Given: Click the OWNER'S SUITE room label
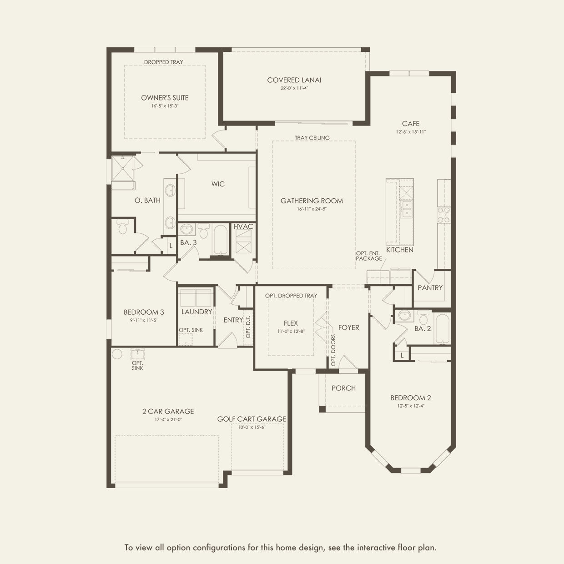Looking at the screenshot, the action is pos(165,98).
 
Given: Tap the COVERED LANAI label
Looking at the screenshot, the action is pos(294,80).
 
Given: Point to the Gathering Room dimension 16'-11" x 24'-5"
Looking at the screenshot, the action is pos(312,209).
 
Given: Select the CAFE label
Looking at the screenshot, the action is pos(411,124).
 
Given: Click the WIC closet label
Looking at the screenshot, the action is pos(218,184).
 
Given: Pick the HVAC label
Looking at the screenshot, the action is pos(243,227).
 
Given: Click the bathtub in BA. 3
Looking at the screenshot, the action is pos(221,239).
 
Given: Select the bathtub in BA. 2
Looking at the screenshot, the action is pos(442,329).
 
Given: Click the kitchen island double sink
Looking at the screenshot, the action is pos(406,209).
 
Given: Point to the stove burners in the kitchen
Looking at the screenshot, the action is pos(444,215).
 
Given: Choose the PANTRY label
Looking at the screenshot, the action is pos(430,288).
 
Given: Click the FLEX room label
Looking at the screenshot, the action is pos(291,323).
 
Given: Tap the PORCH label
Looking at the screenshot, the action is pos(343,388).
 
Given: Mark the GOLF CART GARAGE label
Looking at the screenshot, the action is pos(252,419).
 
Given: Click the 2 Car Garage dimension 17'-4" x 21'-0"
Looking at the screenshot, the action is pos(168,419).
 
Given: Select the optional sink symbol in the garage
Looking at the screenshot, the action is pos(137,354).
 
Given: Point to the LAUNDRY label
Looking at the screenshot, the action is pos(196,312).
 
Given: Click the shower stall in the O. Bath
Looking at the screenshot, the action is pos(123,168).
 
